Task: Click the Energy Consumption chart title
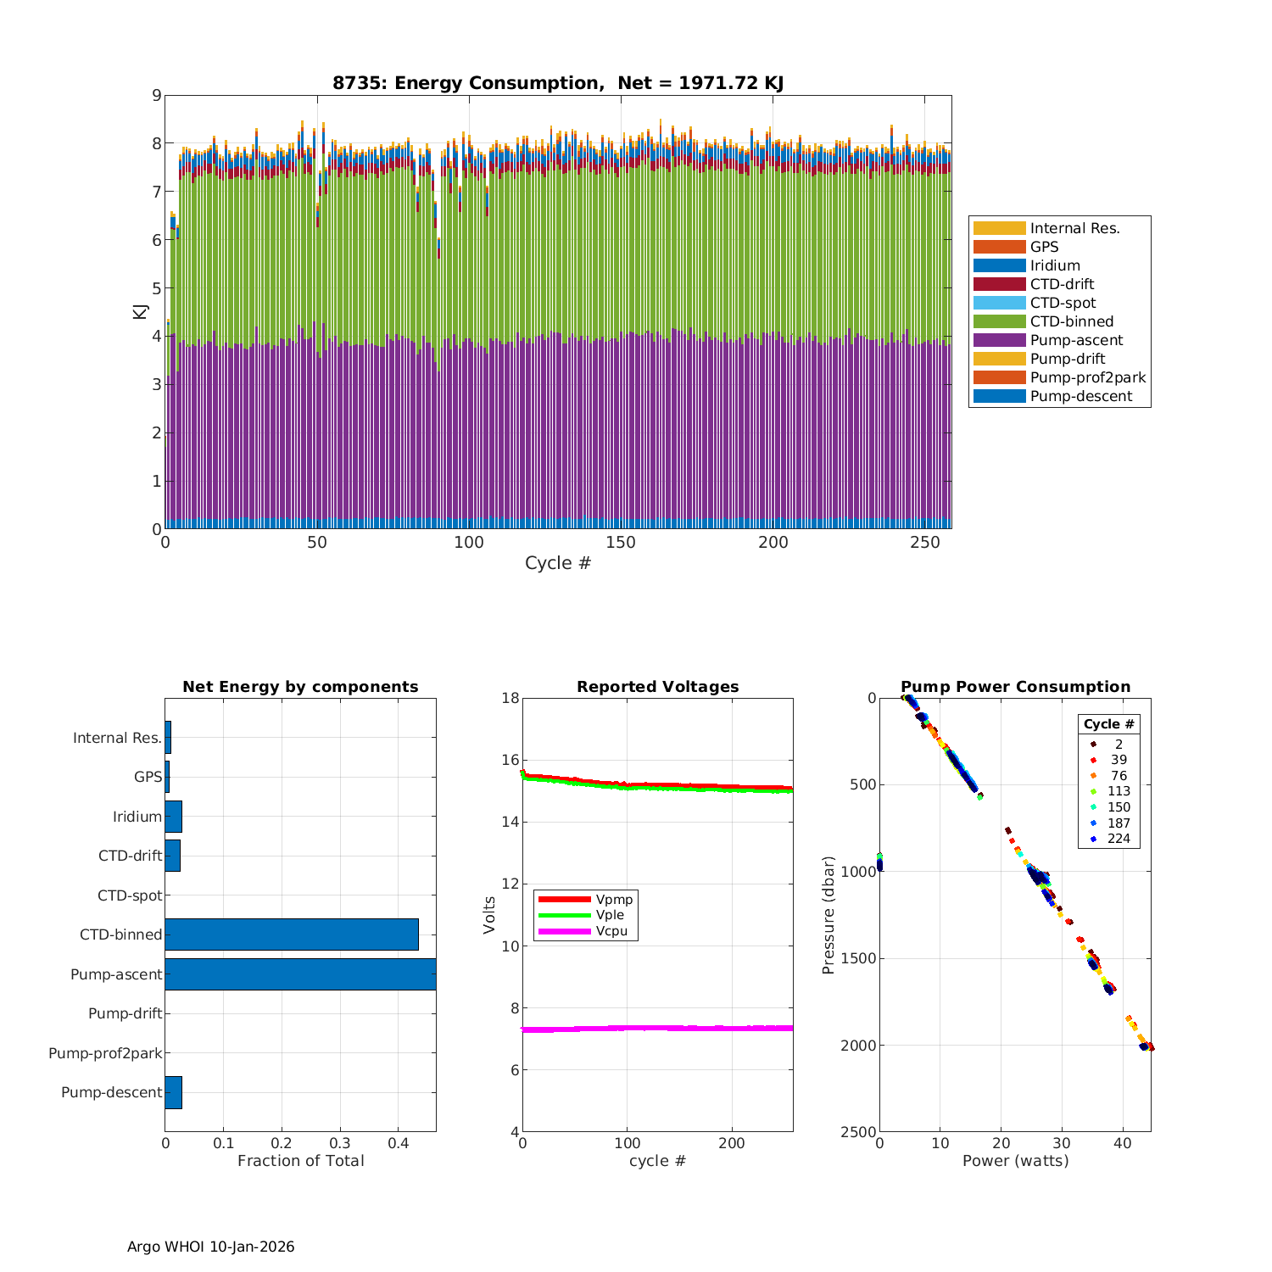(557, 83)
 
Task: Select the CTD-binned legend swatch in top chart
(999, 321)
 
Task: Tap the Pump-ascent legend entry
(1076, 340)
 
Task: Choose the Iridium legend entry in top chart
(1055, 265)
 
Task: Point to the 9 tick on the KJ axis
(156, 95)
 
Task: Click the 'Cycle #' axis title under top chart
(557, 563)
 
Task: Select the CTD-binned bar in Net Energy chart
(292, 934)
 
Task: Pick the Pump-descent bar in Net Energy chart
(173, 1092)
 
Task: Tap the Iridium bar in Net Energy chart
(173, 816)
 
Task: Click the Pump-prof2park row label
(105, 1053)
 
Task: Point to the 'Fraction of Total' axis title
(300, 1161)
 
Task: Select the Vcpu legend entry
(614, 931)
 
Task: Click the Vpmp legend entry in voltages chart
(614, 899)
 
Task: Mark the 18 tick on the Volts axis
(510, 698)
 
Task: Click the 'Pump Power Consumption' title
(1015, 687)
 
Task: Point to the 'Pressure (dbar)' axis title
(828, 914)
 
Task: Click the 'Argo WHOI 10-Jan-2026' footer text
(210, 1247)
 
